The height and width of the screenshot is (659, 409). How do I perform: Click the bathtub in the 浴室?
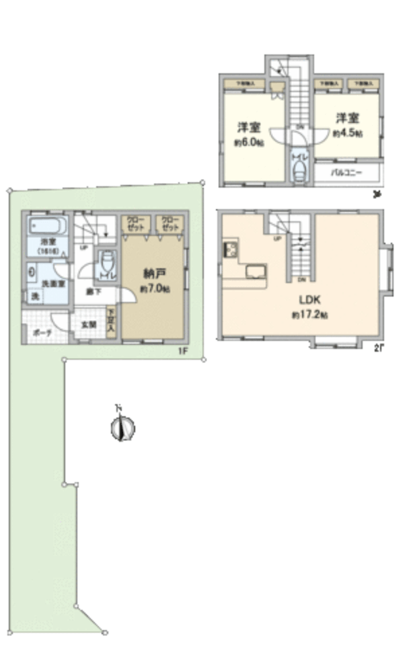coord(46,227)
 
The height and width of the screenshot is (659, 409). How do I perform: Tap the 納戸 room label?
coord(154,274)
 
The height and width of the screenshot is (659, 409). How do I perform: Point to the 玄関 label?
coord(89,325)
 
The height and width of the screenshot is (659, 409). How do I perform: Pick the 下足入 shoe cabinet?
coord(112,321)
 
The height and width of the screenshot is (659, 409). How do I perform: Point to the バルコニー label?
coord(347,172)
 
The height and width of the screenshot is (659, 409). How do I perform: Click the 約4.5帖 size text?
coord(347,134)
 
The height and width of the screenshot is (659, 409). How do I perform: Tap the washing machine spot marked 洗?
coord(32,297)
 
